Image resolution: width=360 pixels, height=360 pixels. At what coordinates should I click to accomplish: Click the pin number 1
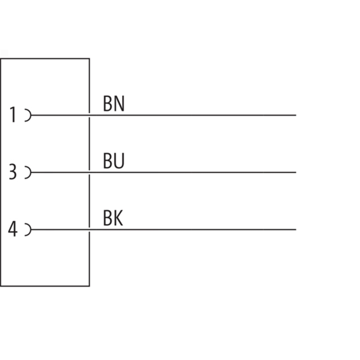point(13,114)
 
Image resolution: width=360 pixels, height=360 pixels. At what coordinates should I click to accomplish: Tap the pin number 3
point(13,171)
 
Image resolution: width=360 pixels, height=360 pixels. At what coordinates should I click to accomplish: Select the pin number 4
point(13,229)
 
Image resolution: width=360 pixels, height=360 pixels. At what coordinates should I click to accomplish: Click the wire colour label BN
point(114,104)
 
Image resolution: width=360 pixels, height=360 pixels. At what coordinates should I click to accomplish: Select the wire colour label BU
point(114,161)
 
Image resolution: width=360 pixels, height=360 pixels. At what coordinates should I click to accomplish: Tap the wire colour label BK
point(113,218)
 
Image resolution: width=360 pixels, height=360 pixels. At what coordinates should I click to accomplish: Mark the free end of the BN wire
point(296,115)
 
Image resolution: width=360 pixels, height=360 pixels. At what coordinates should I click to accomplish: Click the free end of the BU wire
point(296,172)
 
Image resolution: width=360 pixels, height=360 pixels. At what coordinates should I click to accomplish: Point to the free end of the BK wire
point(296,229)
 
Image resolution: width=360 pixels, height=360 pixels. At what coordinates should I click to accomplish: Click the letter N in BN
point(119,104)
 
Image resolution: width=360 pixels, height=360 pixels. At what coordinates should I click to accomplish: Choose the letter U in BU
point(119,161)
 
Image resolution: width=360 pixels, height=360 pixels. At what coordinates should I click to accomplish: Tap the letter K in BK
point(118,218)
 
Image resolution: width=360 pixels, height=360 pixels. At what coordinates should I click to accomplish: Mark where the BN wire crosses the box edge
point(89,115)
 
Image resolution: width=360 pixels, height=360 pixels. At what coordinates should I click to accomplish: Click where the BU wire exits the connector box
point(89,172)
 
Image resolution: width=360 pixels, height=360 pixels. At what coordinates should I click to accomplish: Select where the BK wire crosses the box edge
point(89,229)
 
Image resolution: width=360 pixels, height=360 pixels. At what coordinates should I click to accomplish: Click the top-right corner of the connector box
point(89,59)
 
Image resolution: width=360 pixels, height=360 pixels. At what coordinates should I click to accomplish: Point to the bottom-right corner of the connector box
point(89,286)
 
